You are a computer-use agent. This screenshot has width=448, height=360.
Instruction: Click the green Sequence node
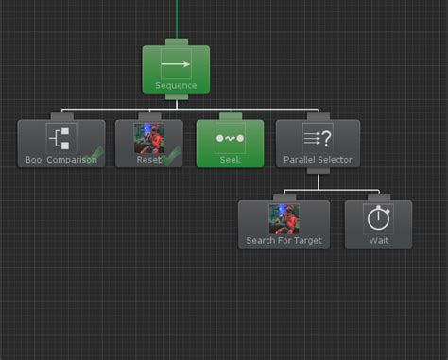pos(176,70)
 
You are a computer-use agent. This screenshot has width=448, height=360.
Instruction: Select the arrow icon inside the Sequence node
pos(176,66)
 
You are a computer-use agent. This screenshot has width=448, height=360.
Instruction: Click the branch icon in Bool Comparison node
pos(61,138)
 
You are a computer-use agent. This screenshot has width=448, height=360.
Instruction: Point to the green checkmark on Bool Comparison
pos(93,155)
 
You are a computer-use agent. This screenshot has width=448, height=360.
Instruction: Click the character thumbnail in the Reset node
pos(149,138)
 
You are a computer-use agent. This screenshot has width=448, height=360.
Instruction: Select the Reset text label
pos(148,160)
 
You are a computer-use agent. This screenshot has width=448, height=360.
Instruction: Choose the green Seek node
pos(230,144)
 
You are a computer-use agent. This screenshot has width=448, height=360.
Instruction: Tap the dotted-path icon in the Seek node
pos(230,138)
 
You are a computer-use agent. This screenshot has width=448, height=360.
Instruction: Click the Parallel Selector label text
pos(318,160)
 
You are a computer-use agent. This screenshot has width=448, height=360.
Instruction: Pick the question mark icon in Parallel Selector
pos(318,137)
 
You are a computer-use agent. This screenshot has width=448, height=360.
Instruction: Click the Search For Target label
pos(284,240)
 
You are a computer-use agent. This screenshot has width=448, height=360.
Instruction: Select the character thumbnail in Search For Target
pos(284,218)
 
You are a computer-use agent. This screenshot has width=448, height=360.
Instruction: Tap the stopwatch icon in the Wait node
pos(378,218)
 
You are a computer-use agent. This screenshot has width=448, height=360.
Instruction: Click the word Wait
pos(378,240)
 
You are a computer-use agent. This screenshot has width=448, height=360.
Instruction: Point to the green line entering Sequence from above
pos(176,19)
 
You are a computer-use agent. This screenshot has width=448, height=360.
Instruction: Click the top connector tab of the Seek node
pos(230,116)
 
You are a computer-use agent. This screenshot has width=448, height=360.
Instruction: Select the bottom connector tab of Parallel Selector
pos(318,171)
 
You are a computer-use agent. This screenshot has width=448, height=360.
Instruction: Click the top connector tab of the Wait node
pos(378,197)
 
